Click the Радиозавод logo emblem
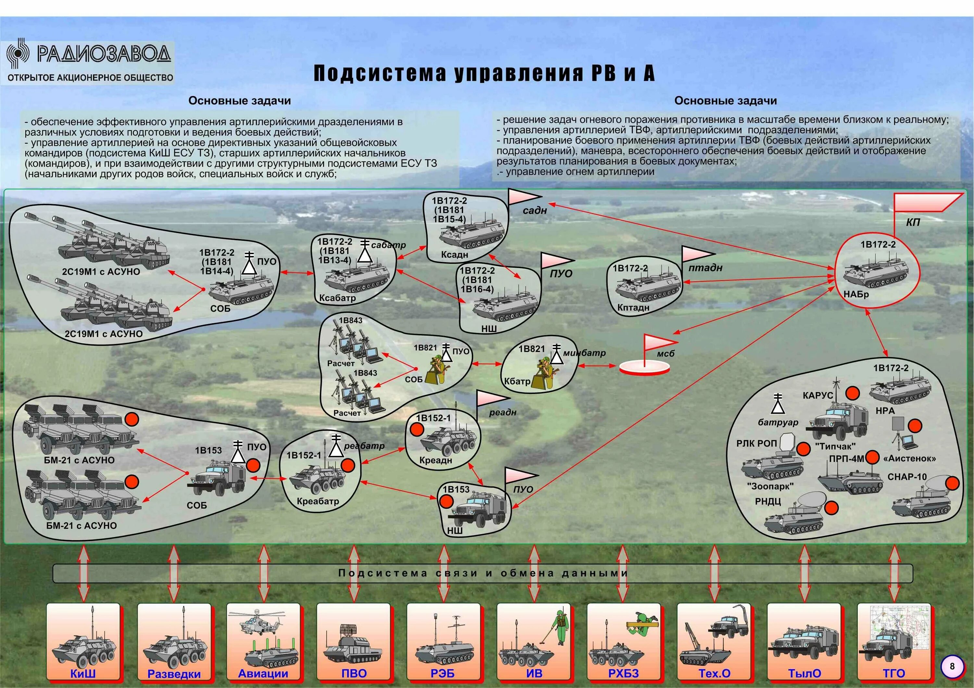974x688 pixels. coord(18,54)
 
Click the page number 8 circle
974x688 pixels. coord(952,666)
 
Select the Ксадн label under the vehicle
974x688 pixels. coord(454,255)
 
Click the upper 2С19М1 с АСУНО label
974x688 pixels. coord(101,272)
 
